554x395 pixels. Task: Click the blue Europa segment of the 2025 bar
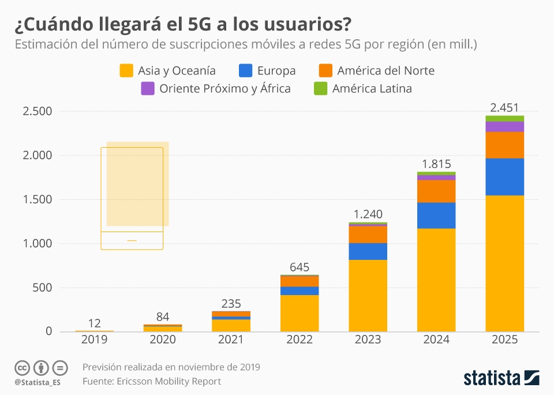pyautogui.click(x=504, y=177)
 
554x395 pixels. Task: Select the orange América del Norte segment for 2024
pyautogui.click(x=436, y=191)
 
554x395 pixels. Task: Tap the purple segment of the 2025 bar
pyautogui.click(x=504, y=126)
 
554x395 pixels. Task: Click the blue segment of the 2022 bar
pyautogui.click(x=300, y=290)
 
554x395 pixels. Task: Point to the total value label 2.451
pyautogui.click(x=504, y=107)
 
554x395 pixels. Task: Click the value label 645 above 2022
pyautogui.click(x=300, y=267)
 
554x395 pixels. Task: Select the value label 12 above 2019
pyautogui.click(x=94, y=323)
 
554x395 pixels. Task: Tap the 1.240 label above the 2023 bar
pyautogui.click(x=368, y=214)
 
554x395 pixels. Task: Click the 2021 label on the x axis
pyautogui.click(x=231, y=340)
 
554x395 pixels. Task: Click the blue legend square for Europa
pyautogui.click(x=245, y=70)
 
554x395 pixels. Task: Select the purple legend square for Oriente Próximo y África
pyautogui.click(x=148, y=88)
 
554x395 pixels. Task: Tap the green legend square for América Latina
pyautogui.click(x=321, y=88)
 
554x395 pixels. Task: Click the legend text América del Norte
pyautogui.click(x=385, y=70)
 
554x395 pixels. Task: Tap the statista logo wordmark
pyautogui.click(x=492, y=379)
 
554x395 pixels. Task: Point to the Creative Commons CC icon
pyautogui.click(x=23, y=367)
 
